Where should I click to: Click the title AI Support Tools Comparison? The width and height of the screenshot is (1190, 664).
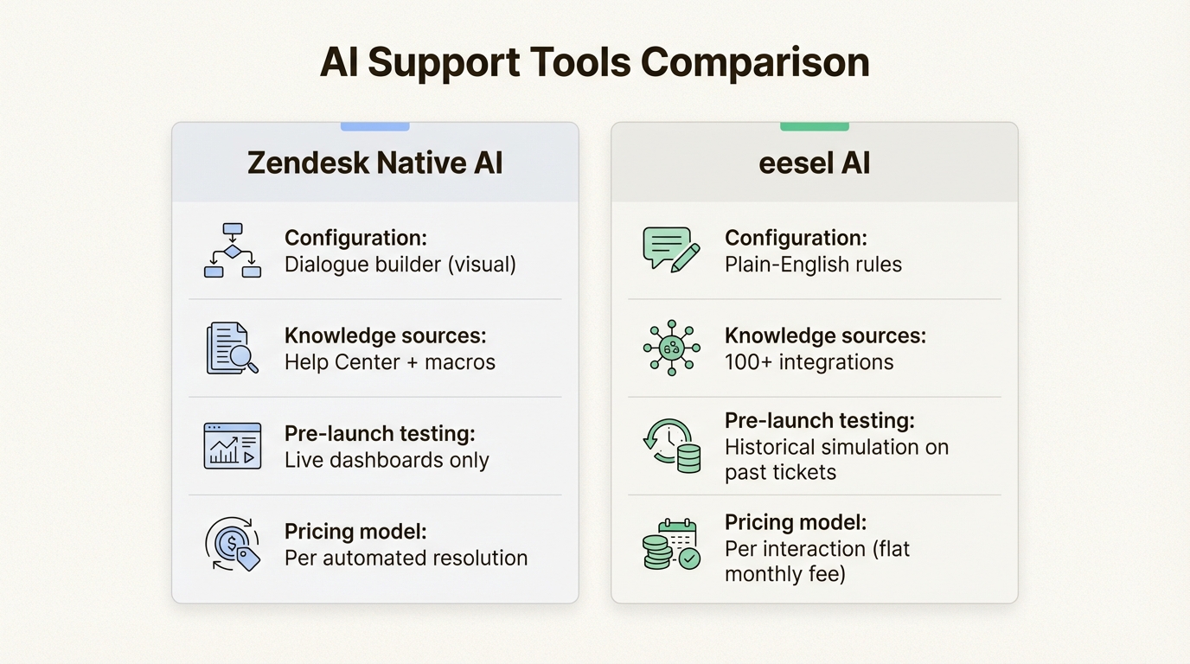[x=594, y=63]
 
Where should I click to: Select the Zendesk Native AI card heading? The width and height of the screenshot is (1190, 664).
[x=374, y=163]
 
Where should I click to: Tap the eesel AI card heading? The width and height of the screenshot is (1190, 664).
[x=814, y=163]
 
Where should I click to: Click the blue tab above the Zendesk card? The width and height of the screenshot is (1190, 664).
[x=374, y=126]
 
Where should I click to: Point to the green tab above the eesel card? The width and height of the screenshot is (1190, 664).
[x=814, y=126]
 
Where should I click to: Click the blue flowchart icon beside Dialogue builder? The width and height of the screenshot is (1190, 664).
[x=233, y=250]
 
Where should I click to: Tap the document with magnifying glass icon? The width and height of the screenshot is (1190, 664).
[x=232, y=348]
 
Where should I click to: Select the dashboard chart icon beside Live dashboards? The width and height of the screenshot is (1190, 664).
[x=232, y=446]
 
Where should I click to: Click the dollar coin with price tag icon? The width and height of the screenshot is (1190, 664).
[x=233, y=544]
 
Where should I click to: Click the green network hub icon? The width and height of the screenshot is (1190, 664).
[x=671, y=348]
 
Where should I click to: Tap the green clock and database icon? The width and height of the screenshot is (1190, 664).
[x=672, y=446]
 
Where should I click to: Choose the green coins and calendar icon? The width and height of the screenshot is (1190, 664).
[x=672, y=545]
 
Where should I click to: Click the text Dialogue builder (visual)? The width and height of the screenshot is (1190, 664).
[x=400, y=265]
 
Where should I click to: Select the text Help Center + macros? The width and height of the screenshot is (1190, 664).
[x=390, y=362]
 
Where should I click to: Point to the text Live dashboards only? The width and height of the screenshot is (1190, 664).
[x=387, y=461]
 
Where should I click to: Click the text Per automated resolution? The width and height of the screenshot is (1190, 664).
[x=406, y=559]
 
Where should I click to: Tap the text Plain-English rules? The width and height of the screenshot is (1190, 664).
[x=813, y=265]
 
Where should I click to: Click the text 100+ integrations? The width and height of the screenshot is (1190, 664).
[x=809, y=362]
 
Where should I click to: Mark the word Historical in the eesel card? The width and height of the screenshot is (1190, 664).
[x=774, y=448]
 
